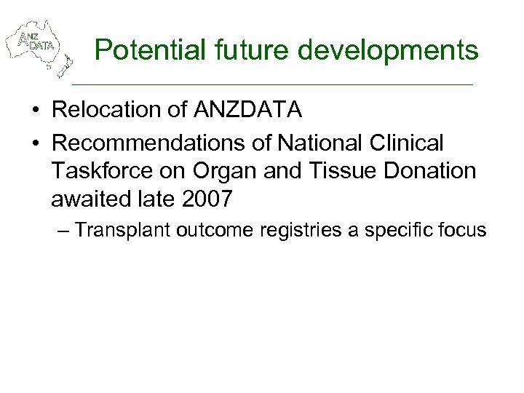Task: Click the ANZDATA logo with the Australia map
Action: coord(38,46)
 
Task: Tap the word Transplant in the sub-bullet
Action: coord(117,231)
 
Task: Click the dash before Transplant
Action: coord(63,231)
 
